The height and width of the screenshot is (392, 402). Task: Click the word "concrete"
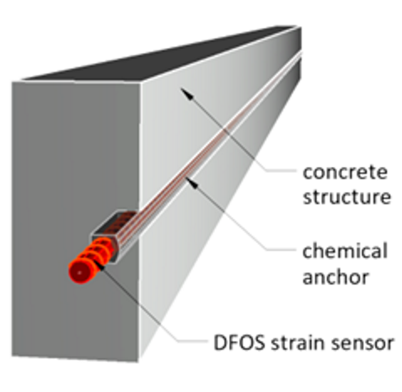(346, 172)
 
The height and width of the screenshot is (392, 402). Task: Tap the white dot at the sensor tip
(79, 272)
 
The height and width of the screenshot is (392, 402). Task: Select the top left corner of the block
(12, 82)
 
